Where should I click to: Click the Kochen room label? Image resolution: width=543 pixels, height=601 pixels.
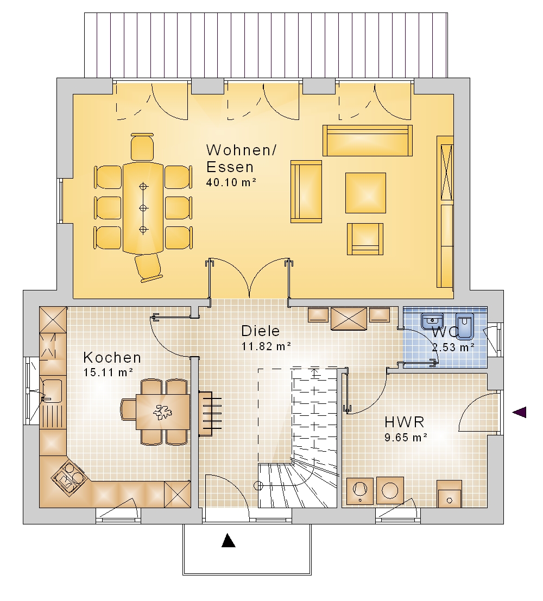click(112, 358)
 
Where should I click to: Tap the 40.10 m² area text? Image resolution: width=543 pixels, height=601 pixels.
click(231, 182)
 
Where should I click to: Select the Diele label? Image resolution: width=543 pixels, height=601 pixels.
click(261, 331)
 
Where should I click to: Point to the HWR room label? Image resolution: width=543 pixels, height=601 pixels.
click(404, 422)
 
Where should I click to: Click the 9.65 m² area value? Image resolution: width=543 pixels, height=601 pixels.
click(406, 438)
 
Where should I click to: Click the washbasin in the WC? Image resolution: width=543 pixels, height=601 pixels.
click(432, 321)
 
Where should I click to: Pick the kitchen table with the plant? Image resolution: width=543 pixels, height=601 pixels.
click(163, 412)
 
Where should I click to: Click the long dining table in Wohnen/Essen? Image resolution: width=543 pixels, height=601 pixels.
click(143, 208)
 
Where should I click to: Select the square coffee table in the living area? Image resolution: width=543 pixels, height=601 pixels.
click(365, 193)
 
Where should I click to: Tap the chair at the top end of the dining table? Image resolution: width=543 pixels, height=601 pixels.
click(142, 147)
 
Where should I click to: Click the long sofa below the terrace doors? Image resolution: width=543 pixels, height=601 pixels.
click(368, 140)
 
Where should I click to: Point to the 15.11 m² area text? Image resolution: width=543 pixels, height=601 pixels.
click(108, 372)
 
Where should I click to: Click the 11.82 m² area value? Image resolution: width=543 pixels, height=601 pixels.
click(266, 346)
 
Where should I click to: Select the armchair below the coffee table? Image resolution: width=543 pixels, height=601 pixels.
click(365, 239)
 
